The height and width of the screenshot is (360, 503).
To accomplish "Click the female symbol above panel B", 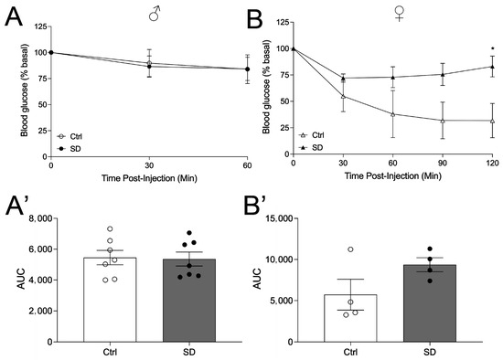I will tap(398, 13).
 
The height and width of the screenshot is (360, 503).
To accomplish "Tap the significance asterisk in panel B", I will tap(493, 49).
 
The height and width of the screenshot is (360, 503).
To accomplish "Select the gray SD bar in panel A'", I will tap(190, 301).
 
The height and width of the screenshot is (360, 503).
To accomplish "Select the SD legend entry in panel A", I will tap(71, 146).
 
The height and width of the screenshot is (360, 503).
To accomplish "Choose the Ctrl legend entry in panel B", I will tap(312, 132).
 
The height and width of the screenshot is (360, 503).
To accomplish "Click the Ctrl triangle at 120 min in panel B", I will tap(493, 121).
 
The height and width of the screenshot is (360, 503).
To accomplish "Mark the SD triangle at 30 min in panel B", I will tap(342, 79).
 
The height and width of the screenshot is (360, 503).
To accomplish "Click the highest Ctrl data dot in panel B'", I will tap(348, 249).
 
